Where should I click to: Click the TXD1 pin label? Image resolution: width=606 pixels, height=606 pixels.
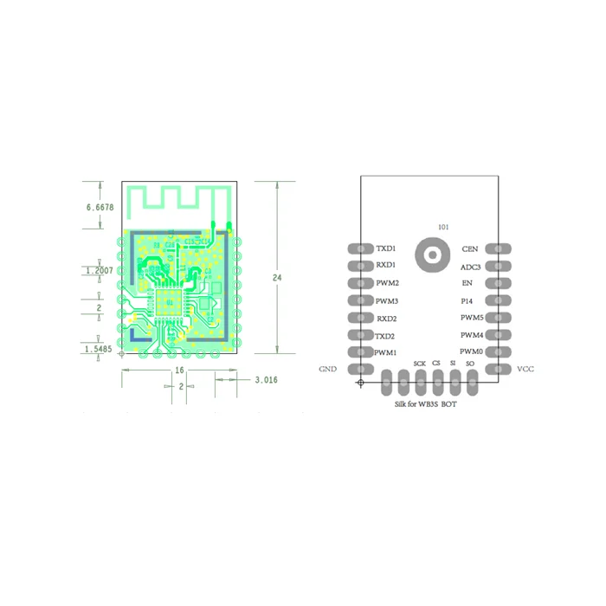(386, 248)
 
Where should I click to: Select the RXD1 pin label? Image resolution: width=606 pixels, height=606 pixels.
(386, 266)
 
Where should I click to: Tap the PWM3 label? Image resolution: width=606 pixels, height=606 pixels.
(386, 300)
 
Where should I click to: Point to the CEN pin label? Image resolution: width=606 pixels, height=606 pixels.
(469, 249)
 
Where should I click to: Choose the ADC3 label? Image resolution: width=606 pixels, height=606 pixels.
(470, 268)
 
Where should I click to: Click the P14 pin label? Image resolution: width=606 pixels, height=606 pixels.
(467, 300)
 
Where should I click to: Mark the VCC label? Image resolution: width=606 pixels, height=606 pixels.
(525, 369)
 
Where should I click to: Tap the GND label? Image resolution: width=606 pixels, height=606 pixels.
(327, 369)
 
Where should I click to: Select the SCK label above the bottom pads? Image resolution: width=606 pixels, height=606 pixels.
(419, 364)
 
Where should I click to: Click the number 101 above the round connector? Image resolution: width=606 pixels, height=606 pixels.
(444, 228)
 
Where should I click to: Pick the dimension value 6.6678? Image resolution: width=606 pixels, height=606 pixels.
(100, 208)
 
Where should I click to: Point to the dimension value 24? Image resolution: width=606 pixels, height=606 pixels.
(277, 278)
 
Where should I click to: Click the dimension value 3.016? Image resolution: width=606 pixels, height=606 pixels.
(266, 379)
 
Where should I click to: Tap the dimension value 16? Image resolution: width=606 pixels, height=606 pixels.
(179, 370)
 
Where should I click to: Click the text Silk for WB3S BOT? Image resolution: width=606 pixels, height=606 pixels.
(426, 404)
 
